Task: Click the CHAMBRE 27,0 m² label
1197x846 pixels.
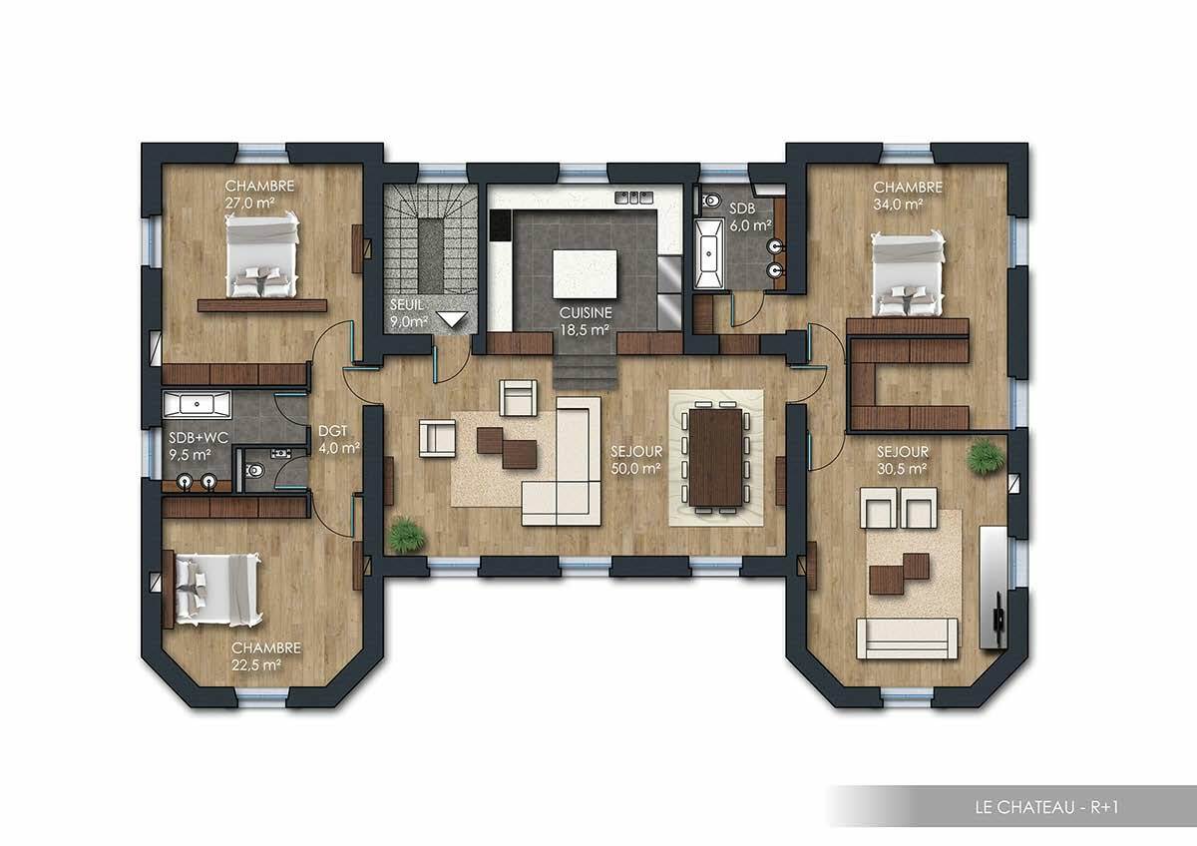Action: (x=258, y=194)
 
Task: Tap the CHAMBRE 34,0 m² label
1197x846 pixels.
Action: (x=908, y=195)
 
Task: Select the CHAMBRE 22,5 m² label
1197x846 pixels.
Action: (x=265, y=655)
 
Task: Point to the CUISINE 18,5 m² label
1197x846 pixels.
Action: (x=585, y=319)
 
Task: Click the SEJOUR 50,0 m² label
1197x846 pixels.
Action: (x=636, y=459)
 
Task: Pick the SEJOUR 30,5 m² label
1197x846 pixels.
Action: (x=903, y=459)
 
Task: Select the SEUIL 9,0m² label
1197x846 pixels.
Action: (x=409, y=313)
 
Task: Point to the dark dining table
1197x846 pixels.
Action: (x=715, y=457)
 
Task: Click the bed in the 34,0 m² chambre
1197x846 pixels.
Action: (x=907, y=270)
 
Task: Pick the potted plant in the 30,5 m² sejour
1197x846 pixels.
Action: (x=986, y=456)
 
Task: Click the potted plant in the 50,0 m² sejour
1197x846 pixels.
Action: (x=407, y=535)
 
